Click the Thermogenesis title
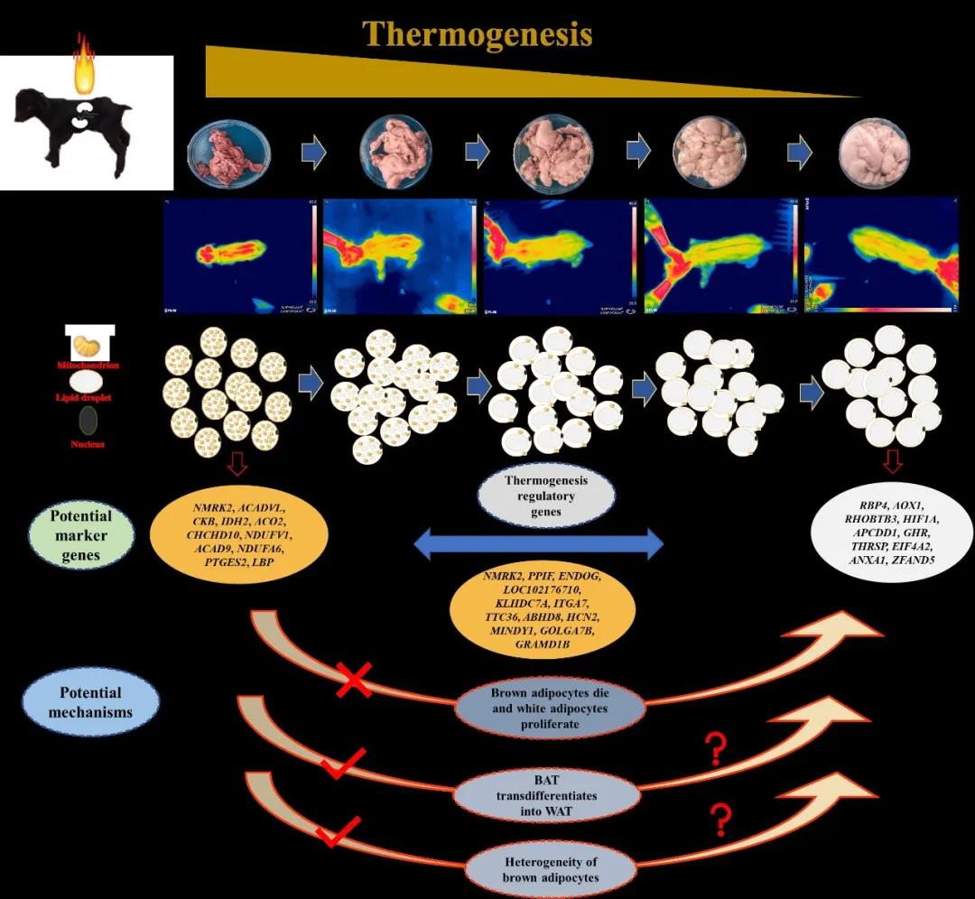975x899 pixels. pos(478,33)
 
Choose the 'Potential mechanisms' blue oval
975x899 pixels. pos(90,702)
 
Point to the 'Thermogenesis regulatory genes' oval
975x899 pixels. pos(545,496)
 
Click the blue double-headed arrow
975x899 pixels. pos(538,544)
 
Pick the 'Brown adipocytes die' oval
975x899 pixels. pos(550,709)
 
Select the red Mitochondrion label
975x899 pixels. pos(88,366)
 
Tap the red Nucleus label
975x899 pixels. pos(88,444)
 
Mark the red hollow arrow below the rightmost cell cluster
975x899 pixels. pos(891,463)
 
